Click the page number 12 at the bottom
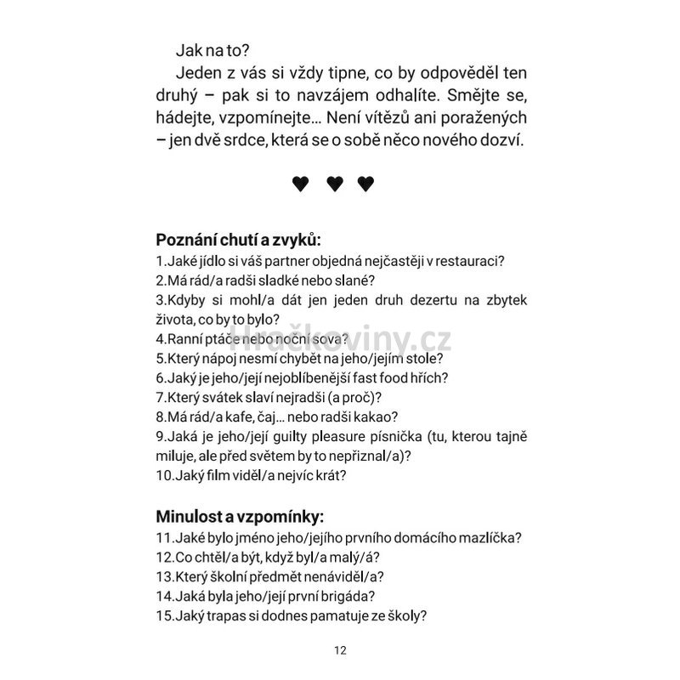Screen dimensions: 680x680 [340, 651]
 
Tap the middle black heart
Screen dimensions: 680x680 [334, 184]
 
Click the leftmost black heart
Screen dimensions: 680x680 [301, 184]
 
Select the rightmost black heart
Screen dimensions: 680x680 [366, 184]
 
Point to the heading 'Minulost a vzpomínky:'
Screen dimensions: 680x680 [240, 516]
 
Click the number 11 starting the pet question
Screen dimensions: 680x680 [163, 538]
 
